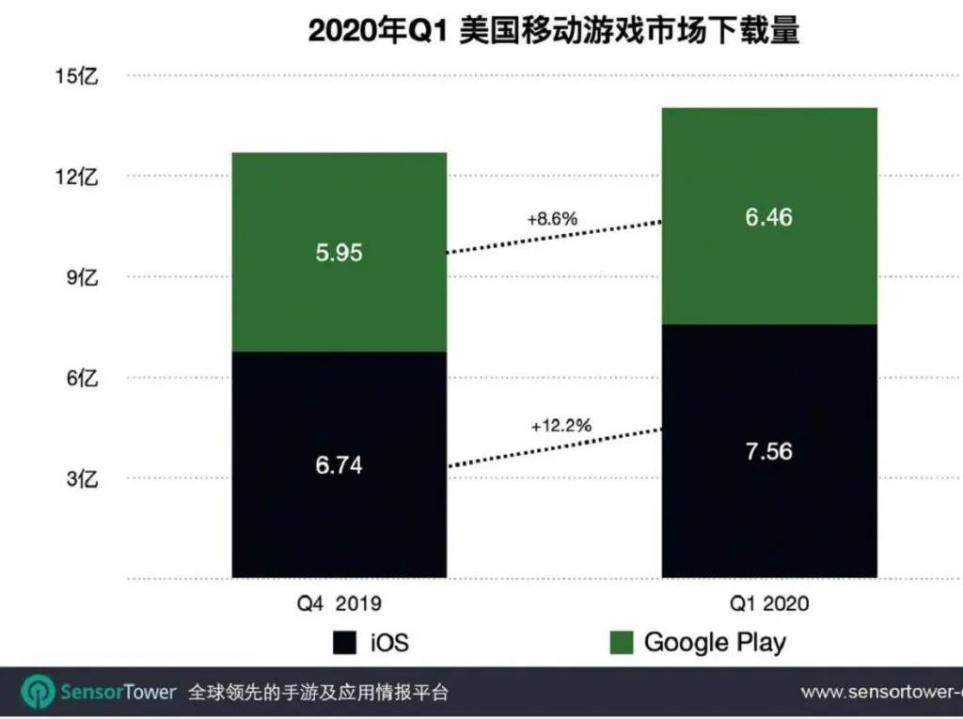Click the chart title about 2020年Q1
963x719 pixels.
pos(554,31)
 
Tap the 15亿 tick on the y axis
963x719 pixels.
pos(77,76)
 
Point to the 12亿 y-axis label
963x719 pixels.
pos(77,177)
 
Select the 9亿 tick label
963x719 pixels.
pos(82,277)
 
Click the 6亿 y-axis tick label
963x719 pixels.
pos(82,378)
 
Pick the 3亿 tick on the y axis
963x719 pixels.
pos(82,478)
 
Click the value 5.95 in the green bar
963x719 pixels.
pos(339,253)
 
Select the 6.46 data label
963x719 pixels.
pos(768,218)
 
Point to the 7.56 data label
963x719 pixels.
pos(768,451)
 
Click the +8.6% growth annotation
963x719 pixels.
pos(552,219)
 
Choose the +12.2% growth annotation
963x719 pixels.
pos(560,425)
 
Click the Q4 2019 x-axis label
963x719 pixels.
pos(339,603)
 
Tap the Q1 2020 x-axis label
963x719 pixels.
pos(768,603)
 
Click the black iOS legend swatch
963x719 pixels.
pos(345,643)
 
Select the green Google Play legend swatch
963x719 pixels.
pos(621,643)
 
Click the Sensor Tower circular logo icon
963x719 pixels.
pos(39,693)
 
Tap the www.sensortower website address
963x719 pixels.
pos(880,693)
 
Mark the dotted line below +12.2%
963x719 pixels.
pos(555,447)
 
